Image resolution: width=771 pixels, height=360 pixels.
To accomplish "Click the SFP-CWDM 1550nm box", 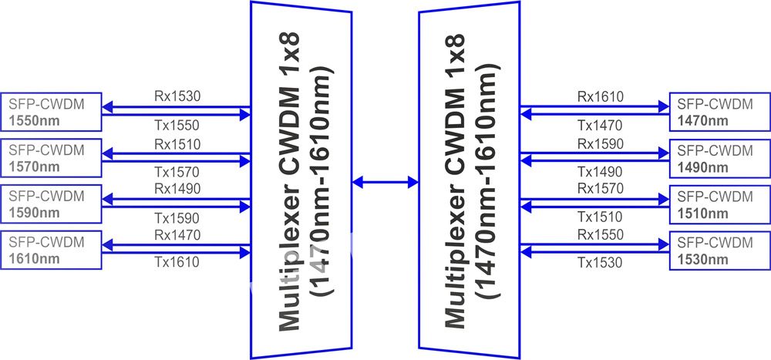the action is [51, 112].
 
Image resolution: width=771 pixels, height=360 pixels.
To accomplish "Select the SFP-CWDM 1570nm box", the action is [51, 158].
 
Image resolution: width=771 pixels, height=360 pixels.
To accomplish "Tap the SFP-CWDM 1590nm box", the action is [51, 204].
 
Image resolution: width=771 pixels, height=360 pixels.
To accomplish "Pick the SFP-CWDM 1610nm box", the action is [51, 250].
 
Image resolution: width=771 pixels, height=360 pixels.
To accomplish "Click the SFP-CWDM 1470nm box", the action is [720, 112].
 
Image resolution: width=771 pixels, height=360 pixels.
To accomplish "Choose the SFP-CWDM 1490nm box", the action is [720, 158].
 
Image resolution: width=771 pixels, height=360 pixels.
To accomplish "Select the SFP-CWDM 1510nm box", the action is [720, 204].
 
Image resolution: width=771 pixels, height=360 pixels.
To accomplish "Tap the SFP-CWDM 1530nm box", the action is [720, 251].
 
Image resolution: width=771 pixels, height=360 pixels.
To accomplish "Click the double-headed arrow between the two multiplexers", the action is [385, 183].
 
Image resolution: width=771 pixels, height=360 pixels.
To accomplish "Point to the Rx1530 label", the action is [177, 96].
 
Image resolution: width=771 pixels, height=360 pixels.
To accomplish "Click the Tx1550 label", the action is [177, 126].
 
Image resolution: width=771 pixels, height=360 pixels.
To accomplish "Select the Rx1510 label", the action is [177, 144].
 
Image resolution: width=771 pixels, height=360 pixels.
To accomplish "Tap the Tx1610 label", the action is [177, 262].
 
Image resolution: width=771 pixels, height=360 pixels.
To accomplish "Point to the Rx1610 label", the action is [600, 96].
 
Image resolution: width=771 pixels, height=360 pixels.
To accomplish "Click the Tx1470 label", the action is [600, 126].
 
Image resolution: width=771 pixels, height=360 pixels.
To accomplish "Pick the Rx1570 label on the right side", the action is [600, 188].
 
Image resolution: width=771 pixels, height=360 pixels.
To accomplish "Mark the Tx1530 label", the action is [600, 263].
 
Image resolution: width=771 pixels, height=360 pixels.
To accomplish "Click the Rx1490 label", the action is [177, 188].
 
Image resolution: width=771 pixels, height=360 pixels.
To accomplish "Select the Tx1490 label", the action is [600, 172].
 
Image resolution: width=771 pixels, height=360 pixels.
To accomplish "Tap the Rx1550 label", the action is [600, 234].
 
